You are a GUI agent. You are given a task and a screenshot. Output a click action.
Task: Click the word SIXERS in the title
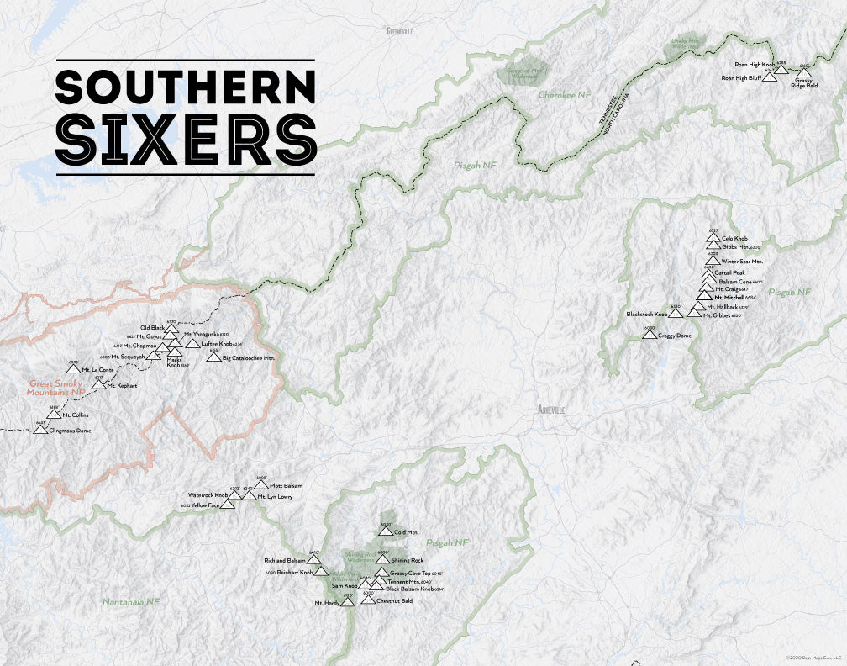pos(186,140)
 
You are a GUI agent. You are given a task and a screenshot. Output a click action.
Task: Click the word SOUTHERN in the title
pos(186,87)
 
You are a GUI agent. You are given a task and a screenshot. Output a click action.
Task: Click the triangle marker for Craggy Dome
pos(649,335)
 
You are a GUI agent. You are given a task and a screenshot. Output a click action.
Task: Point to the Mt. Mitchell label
pos(729,297)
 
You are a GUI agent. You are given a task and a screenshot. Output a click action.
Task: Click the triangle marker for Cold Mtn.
pos(385,531)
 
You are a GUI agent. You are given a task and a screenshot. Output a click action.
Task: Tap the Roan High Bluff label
pos(740,77)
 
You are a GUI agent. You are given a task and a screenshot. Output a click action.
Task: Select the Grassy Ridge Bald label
pos(804,82)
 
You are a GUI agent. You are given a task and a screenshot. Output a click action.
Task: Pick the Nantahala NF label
pos(131,602)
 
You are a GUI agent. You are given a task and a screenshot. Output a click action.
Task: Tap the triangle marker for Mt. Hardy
pos(348,602)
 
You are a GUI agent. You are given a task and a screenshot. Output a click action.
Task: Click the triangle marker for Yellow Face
pos(227,505)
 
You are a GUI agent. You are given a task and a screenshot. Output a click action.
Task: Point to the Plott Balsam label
pos(286,486)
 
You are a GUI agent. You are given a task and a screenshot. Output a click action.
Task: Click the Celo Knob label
pos(734,239)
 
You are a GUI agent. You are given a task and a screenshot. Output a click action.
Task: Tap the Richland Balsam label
pos(285,559)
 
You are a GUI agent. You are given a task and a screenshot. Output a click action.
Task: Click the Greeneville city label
pos(399,31)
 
